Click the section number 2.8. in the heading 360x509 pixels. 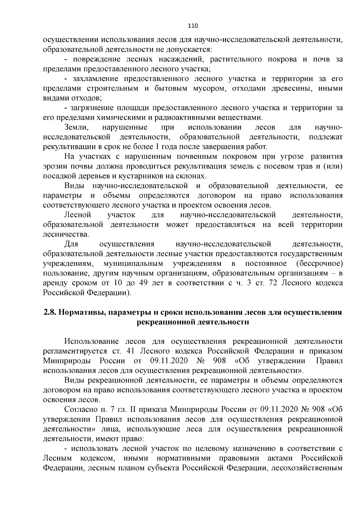click(49, 312)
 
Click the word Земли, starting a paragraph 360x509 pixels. click(76, 127)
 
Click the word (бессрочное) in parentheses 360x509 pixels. click(319, 264)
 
